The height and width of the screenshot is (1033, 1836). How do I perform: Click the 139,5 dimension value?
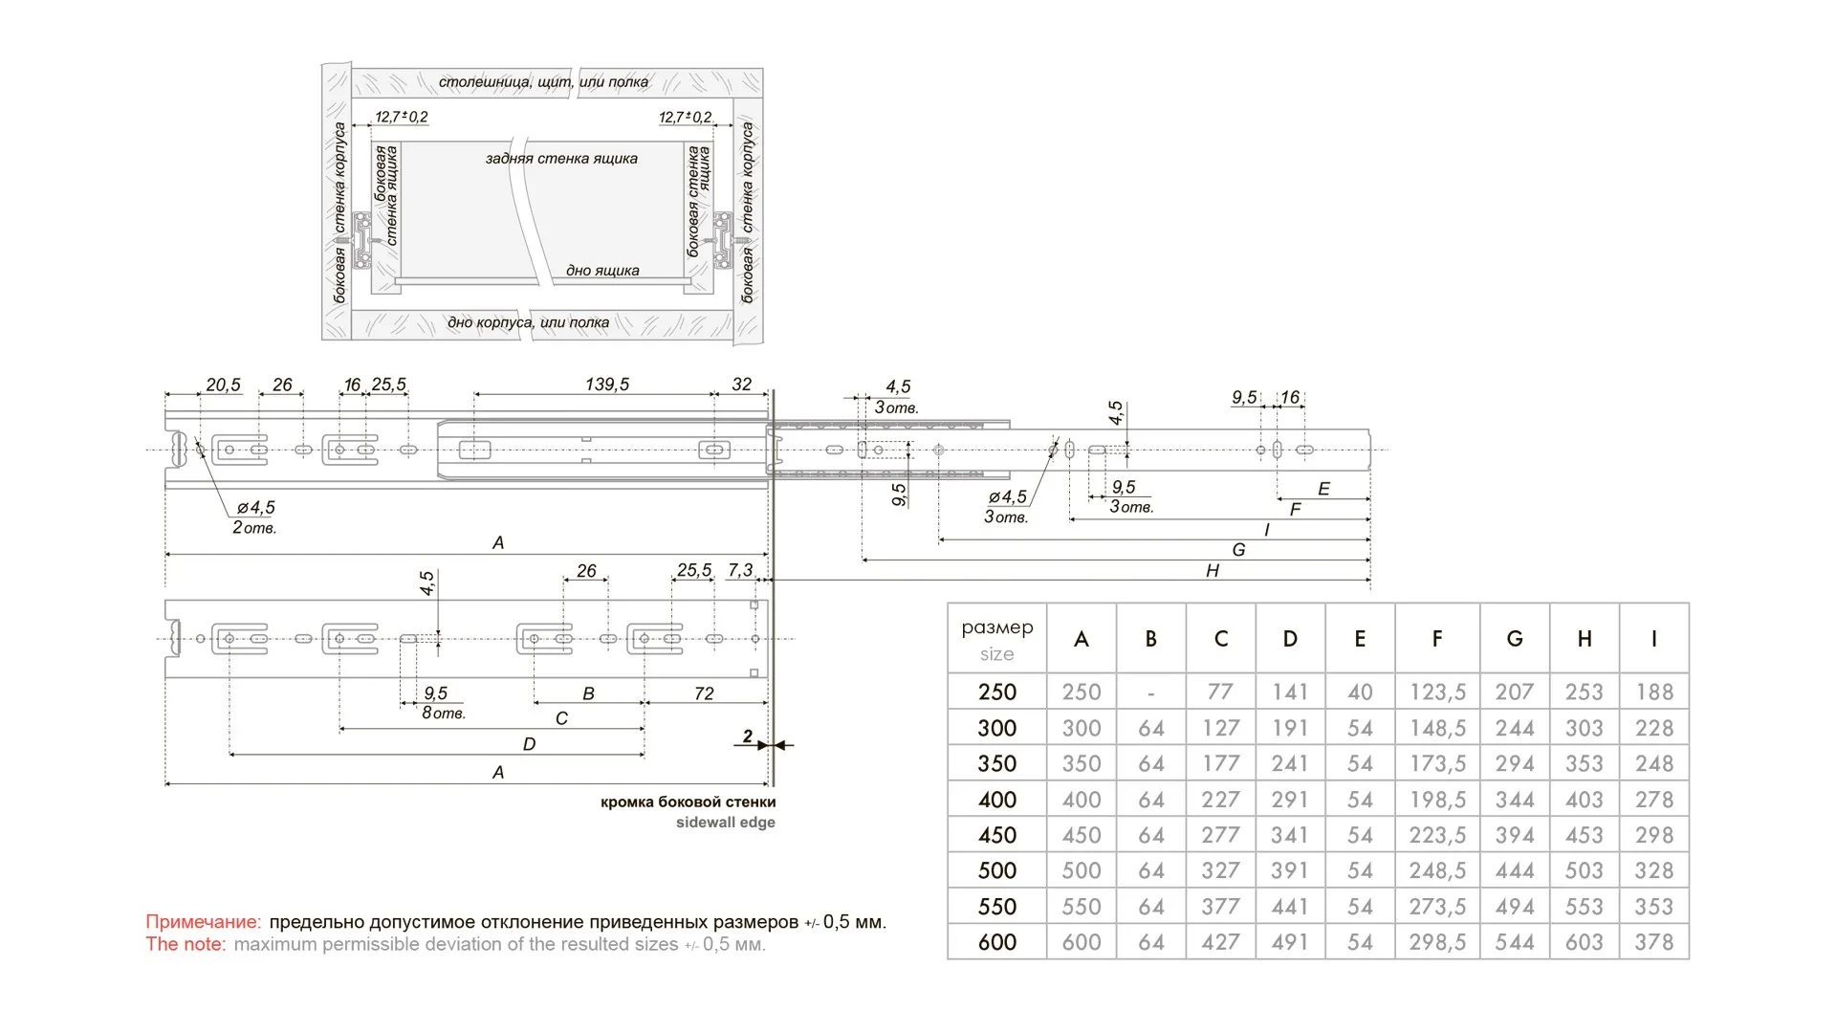(x=607, y=385)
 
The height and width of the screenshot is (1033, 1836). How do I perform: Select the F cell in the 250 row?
(x=1436, y=692)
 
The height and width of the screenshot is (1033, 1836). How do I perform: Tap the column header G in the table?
(x=1514, y=639)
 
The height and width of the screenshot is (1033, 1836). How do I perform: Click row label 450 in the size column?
(x=996, y=835)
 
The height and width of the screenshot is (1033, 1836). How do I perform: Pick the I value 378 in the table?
(x=1653, y=942)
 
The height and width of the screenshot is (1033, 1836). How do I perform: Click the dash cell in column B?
(x=1150, y=692)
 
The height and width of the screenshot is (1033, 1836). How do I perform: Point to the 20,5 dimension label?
(x=223, y=385)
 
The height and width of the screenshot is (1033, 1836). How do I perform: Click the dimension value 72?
(x=704, y=693)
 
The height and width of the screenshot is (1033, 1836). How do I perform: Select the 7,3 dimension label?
(x=740, y=570)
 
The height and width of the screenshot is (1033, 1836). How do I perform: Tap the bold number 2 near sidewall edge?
(x=747, y=736)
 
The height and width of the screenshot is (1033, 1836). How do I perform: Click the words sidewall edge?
(x=725, y=823)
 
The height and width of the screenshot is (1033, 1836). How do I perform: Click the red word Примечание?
(x=203, y=922)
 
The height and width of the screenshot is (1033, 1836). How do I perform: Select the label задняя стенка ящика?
(x=561, y=159)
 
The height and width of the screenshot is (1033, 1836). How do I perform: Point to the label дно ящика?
(x=602, y=271)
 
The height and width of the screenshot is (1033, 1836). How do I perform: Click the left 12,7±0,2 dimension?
(x=401, y=117)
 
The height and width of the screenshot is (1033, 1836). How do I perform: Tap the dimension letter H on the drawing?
(x=1212, y=571)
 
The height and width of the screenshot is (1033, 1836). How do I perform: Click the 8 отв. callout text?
(x=444, y=714)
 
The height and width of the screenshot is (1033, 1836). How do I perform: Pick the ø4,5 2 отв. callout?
(x=254, y=517)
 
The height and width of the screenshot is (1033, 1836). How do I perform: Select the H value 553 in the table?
(x=1584, y=907)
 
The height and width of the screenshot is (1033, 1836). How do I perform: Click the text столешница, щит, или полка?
(x=543, y=82)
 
